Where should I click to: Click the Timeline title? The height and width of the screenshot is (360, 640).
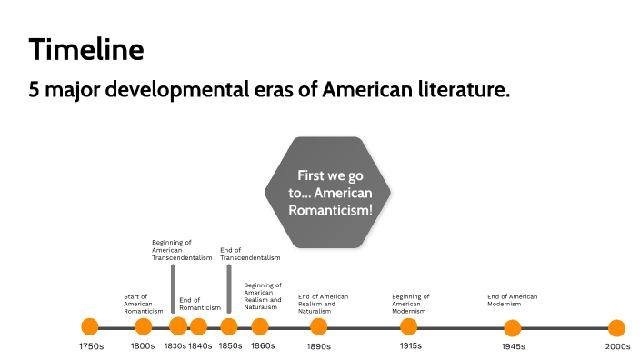point(85,49)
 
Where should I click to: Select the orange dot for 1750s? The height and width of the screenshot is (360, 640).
point(90,327)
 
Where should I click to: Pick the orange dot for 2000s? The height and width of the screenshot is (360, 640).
point(616,327)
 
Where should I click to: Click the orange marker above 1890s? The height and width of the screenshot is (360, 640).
point(318,327)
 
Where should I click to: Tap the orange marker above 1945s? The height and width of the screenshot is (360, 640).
point(513,327)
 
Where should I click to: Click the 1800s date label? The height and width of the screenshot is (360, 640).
point(143,346)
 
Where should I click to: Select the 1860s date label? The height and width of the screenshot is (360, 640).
point(263,346)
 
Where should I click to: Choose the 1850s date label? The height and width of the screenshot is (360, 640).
point(230,346)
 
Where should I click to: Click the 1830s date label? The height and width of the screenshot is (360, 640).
point(175,346)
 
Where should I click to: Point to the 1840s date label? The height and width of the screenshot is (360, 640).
point(200,346)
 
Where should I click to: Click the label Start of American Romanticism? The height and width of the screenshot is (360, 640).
point(143,304)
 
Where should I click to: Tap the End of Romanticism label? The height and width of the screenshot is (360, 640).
point(200,304)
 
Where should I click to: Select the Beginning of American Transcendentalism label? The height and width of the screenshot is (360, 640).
point(182,250)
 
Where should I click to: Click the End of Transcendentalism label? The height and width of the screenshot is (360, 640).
point(250,254)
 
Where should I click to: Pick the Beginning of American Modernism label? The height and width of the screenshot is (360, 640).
point(411,304)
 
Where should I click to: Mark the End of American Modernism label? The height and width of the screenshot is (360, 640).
point(513,300)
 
